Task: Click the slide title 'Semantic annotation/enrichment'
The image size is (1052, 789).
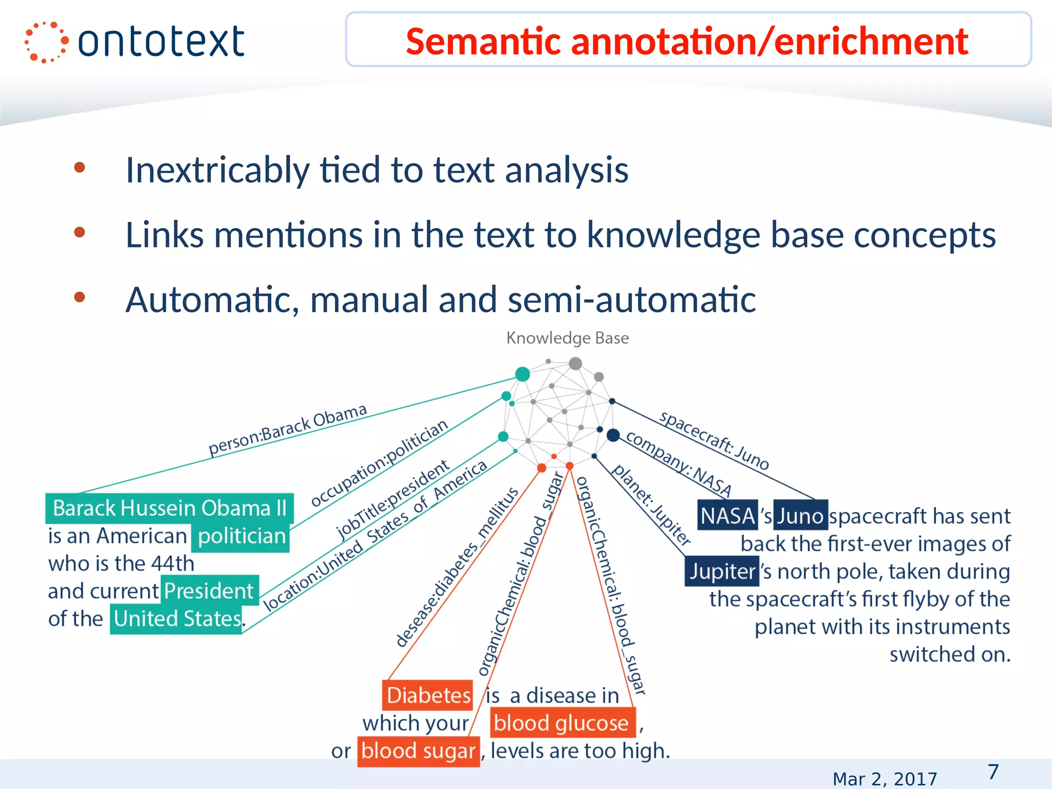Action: pyautogui.click(x=687, y=41)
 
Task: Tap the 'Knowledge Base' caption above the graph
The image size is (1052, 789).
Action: pyautogui.click(x=567, y=338)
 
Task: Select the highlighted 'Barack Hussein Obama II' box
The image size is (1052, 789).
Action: pyautogui.click(x=170, y=508)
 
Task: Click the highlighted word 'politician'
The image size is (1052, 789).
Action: pyautogui.click(x=241, y=536)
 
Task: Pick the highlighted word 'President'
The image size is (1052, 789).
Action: pyautogui.click(x=209, y=591)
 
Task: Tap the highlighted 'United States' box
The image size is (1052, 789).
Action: pyautogui.click(x=177, y=619)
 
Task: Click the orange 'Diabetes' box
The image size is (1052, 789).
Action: pyautogui.click(x=428, y=695)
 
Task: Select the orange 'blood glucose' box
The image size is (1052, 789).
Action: pyautogui.click(x=561, y=723)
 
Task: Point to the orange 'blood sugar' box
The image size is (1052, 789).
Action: pyautogui.click(x=418, y=751)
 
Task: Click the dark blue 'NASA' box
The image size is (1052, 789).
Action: pyautogui.click(x=727, y=515)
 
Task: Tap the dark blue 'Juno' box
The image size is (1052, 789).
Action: pyautogui.click(x=800, y=515)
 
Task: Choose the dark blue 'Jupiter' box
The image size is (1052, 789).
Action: pyautogui.click(x=722, y=571)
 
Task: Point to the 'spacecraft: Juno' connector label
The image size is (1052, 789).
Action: pyautogui.click(x=714, y=441)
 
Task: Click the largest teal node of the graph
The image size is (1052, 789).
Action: pyautogui.click(x=522, y=374)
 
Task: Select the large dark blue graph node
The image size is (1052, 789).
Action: pyautogui.click(x=613, y=435)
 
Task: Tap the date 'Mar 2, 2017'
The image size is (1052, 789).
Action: pyautogui.click(x=885, y=779)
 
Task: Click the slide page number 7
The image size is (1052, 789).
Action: pyautogui.click(x=993, y=772)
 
